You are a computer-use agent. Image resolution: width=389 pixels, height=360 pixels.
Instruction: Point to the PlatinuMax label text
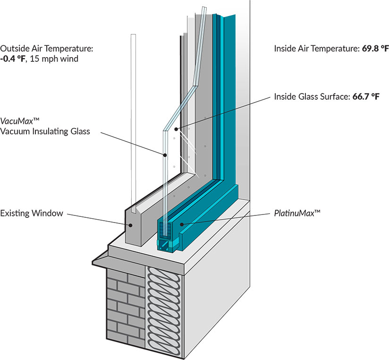click(x=297, y=214)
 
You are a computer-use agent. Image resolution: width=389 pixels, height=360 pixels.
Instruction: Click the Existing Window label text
click(x=32, y=213)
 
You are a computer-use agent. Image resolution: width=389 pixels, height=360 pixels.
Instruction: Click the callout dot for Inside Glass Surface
click(x=176, y=129)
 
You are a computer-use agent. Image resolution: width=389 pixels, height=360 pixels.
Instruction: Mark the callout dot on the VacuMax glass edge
click(x=165, y=154)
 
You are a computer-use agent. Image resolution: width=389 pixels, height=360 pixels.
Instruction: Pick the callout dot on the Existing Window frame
click(x=128, y=223)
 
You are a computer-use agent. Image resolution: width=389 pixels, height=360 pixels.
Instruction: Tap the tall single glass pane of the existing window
click(x=133, y=118)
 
